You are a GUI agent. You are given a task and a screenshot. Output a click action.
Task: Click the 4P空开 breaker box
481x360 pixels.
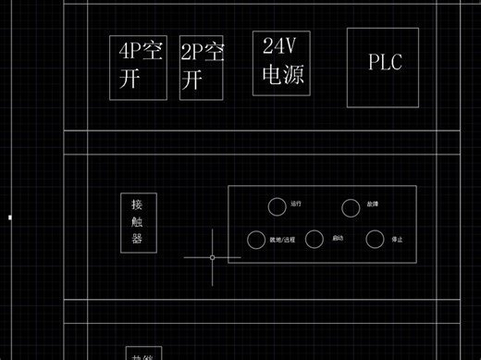click(x=139, y=68)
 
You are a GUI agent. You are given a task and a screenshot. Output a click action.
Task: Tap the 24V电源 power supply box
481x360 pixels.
click(x=282, y=62)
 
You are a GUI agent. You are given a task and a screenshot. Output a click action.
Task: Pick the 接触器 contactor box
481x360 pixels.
click(x=137, y=222)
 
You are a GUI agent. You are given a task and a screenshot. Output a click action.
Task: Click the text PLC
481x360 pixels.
click(x=385, y=62)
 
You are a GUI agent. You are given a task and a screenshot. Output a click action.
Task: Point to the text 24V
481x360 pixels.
click(x=280, y=45)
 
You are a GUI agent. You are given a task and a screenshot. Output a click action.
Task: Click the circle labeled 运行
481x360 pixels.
click(x=277, y=205)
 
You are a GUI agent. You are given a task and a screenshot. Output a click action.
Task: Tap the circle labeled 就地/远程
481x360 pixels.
click(x=255, y=240)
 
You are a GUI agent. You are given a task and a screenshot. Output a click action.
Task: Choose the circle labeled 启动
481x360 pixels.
click(x=315, y=240)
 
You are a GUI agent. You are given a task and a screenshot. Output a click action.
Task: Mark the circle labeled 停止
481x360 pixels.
click(x=375, y=240)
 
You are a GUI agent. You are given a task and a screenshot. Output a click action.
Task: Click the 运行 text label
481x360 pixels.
click(x=296, y=203)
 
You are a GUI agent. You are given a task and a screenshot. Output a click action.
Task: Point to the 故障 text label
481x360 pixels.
click(x=373, y=203)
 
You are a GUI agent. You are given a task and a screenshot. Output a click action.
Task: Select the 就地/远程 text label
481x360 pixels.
click(x=282, y=240)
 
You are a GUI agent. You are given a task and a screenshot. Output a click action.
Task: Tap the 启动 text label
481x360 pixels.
click(x=338, y=239)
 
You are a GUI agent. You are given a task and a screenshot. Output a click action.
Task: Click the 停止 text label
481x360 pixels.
click(x=397, y=239)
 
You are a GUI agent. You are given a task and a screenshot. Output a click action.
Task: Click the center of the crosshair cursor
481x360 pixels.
click(x=212, y=257)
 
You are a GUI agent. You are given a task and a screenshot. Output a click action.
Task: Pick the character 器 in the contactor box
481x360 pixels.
click(x=137, y=239)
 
